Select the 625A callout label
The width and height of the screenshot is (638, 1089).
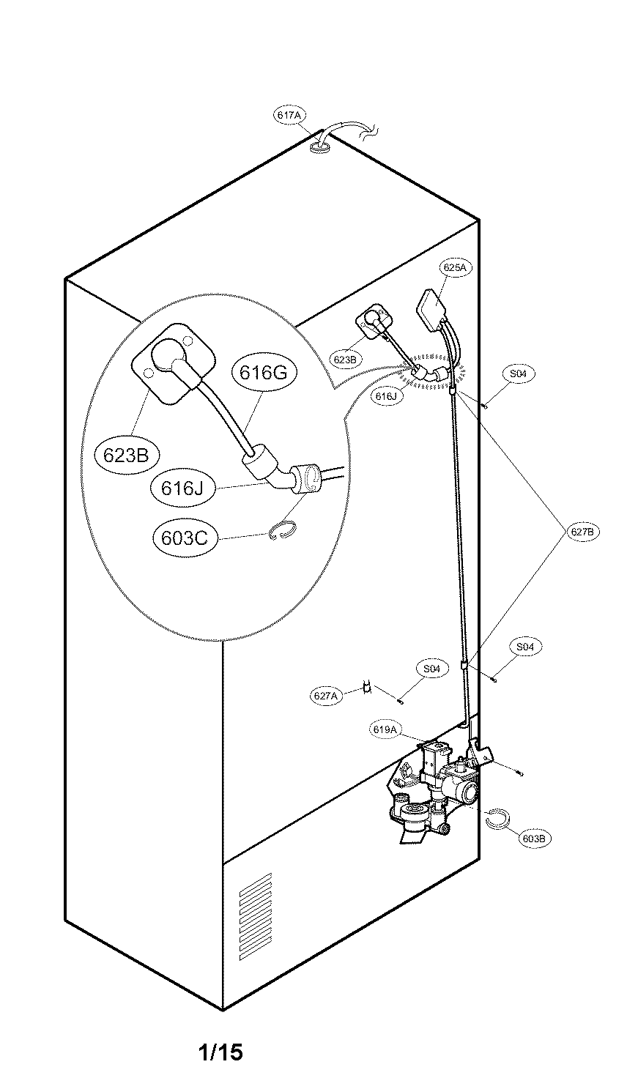click(454, 267)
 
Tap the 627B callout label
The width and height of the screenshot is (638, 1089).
click(582, 532)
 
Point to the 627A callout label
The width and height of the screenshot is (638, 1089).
click(324, 696)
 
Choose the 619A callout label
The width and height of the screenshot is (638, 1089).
click(385, 729)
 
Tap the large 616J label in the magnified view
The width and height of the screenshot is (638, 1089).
click(182, 487)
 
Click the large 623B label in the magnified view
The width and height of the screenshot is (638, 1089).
click(126, 455)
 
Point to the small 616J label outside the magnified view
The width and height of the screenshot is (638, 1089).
click(385, 396)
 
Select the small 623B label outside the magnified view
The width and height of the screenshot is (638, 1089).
click(344, 360)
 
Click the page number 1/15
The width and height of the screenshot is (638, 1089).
click(220, 1053)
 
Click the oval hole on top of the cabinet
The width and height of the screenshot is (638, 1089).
click(320, 149)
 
